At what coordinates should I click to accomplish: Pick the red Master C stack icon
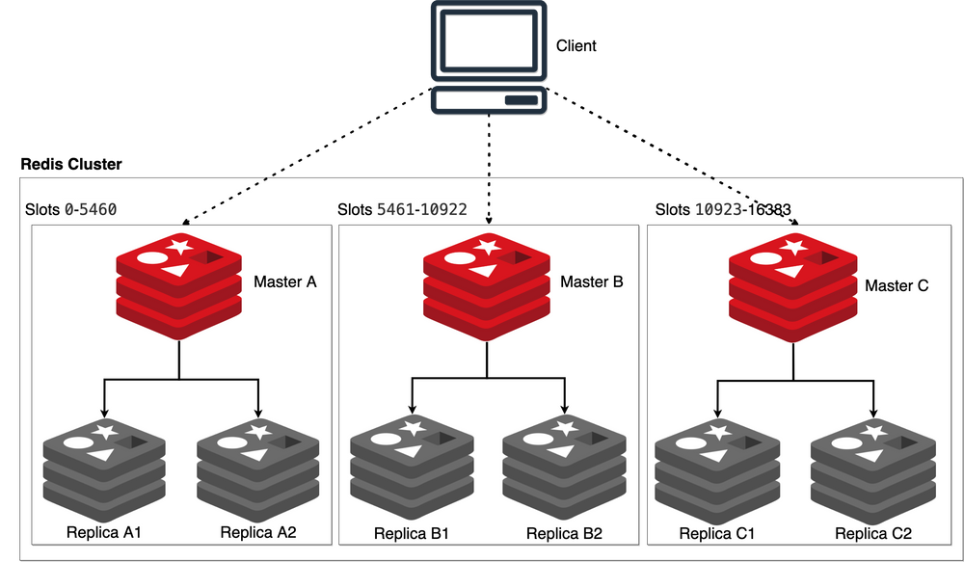tap(791, 285)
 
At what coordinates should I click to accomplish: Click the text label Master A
tap(285, 282)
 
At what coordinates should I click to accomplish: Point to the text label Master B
tap(592, 282)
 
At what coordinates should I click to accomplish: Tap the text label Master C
tap(897, 285)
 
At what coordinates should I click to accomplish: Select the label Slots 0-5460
tap(70, 209)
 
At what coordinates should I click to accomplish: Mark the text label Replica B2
tap(564, 533)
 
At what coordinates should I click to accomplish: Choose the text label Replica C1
tap(716, 534)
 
